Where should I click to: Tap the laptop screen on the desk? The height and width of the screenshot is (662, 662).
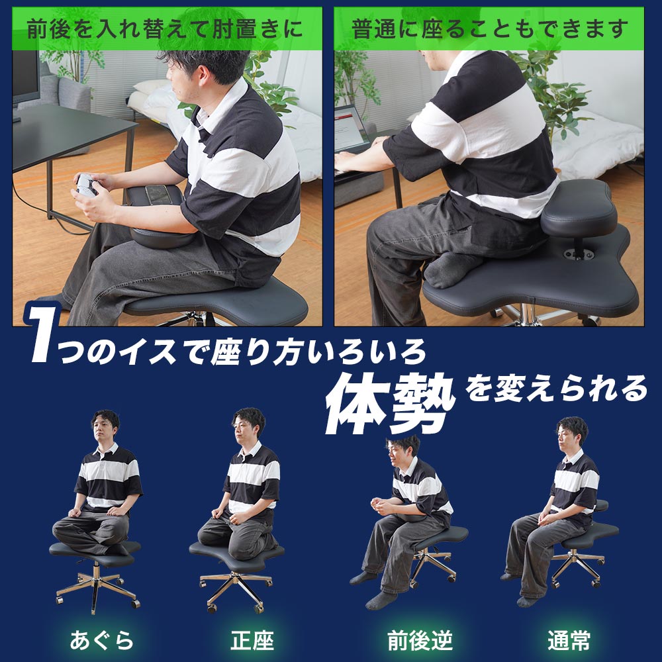coord(350,128)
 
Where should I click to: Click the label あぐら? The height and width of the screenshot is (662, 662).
coord(101,640)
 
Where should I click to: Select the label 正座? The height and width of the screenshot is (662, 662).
coord(252,640)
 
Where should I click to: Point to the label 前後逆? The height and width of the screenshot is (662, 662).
coord(420,640)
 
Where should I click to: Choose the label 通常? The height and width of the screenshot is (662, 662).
coord(569,640)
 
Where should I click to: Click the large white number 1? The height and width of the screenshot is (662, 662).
coord(42,333)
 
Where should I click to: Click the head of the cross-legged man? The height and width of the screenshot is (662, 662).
coord(105,427)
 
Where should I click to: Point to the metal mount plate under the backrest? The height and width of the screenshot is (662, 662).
coord(579,254)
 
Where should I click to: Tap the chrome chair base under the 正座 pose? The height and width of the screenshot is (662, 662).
coord(236,589)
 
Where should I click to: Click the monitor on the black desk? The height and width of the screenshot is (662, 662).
coord(25,78)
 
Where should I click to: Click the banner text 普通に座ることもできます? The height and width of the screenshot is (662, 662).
coord(489,29)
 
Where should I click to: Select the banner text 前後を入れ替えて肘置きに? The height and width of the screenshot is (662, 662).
coord(165,29)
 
